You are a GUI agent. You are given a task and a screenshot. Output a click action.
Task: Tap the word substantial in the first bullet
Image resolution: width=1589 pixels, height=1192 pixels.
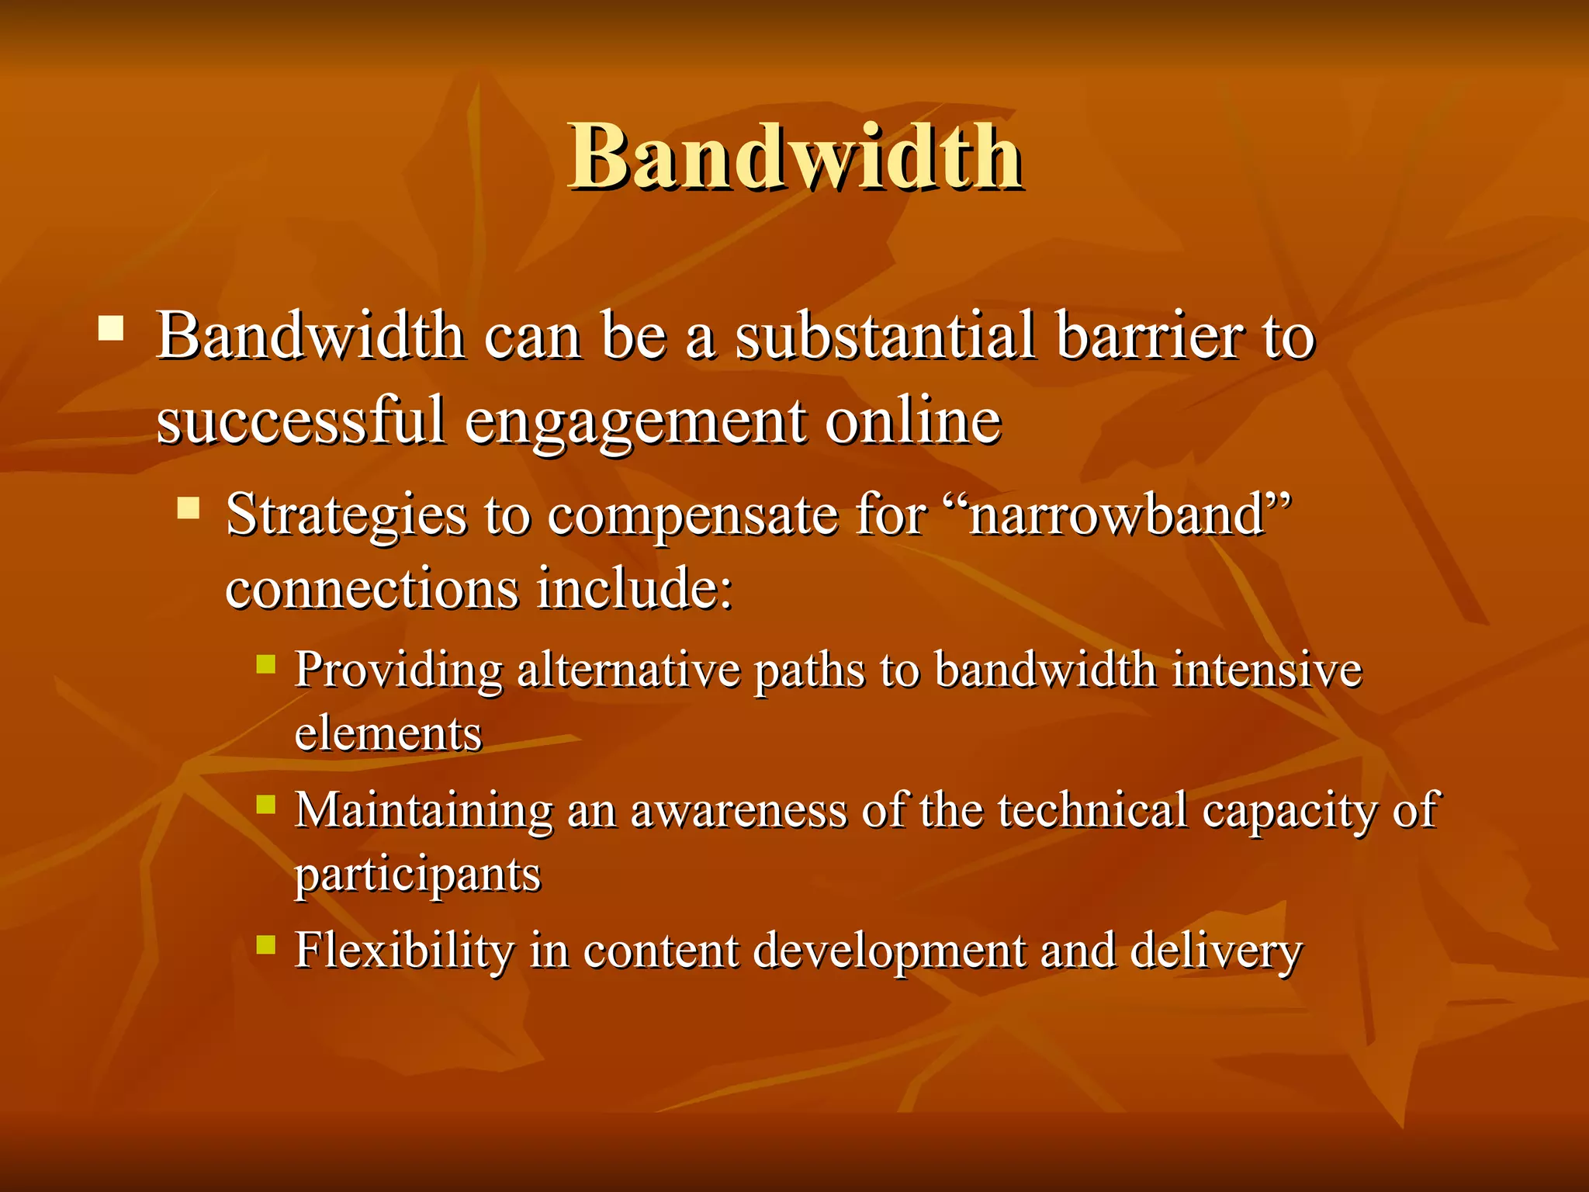885,336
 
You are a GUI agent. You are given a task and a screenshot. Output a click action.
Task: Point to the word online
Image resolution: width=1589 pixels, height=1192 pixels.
912,421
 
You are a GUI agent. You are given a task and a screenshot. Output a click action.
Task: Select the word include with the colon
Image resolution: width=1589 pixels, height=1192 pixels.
634,587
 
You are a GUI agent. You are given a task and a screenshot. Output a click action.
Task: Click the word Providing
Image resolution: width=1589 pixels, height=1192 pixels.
399,670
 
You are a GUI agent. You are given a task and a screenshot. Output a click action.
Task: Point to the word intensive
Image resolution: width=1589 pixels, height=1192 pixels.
1266,670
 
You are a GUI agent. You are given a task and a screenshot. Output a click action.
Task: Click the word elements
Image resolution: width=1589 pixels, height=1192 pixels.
388,733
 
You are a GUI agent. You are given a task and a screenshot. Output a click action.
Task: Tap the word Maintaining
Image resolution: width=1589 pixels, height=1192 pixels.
424,810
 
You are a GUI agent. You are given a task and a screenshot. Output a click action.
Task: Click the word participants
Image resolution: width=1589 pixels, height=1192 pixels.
417,875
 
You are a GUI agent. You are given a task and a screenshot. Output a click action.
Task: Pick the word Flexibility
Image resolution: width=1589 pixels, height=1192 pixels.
404,950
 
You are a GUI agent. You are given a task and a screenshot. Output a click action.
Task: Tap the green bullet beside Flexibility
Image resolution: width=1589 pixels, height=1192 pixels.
266,944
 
